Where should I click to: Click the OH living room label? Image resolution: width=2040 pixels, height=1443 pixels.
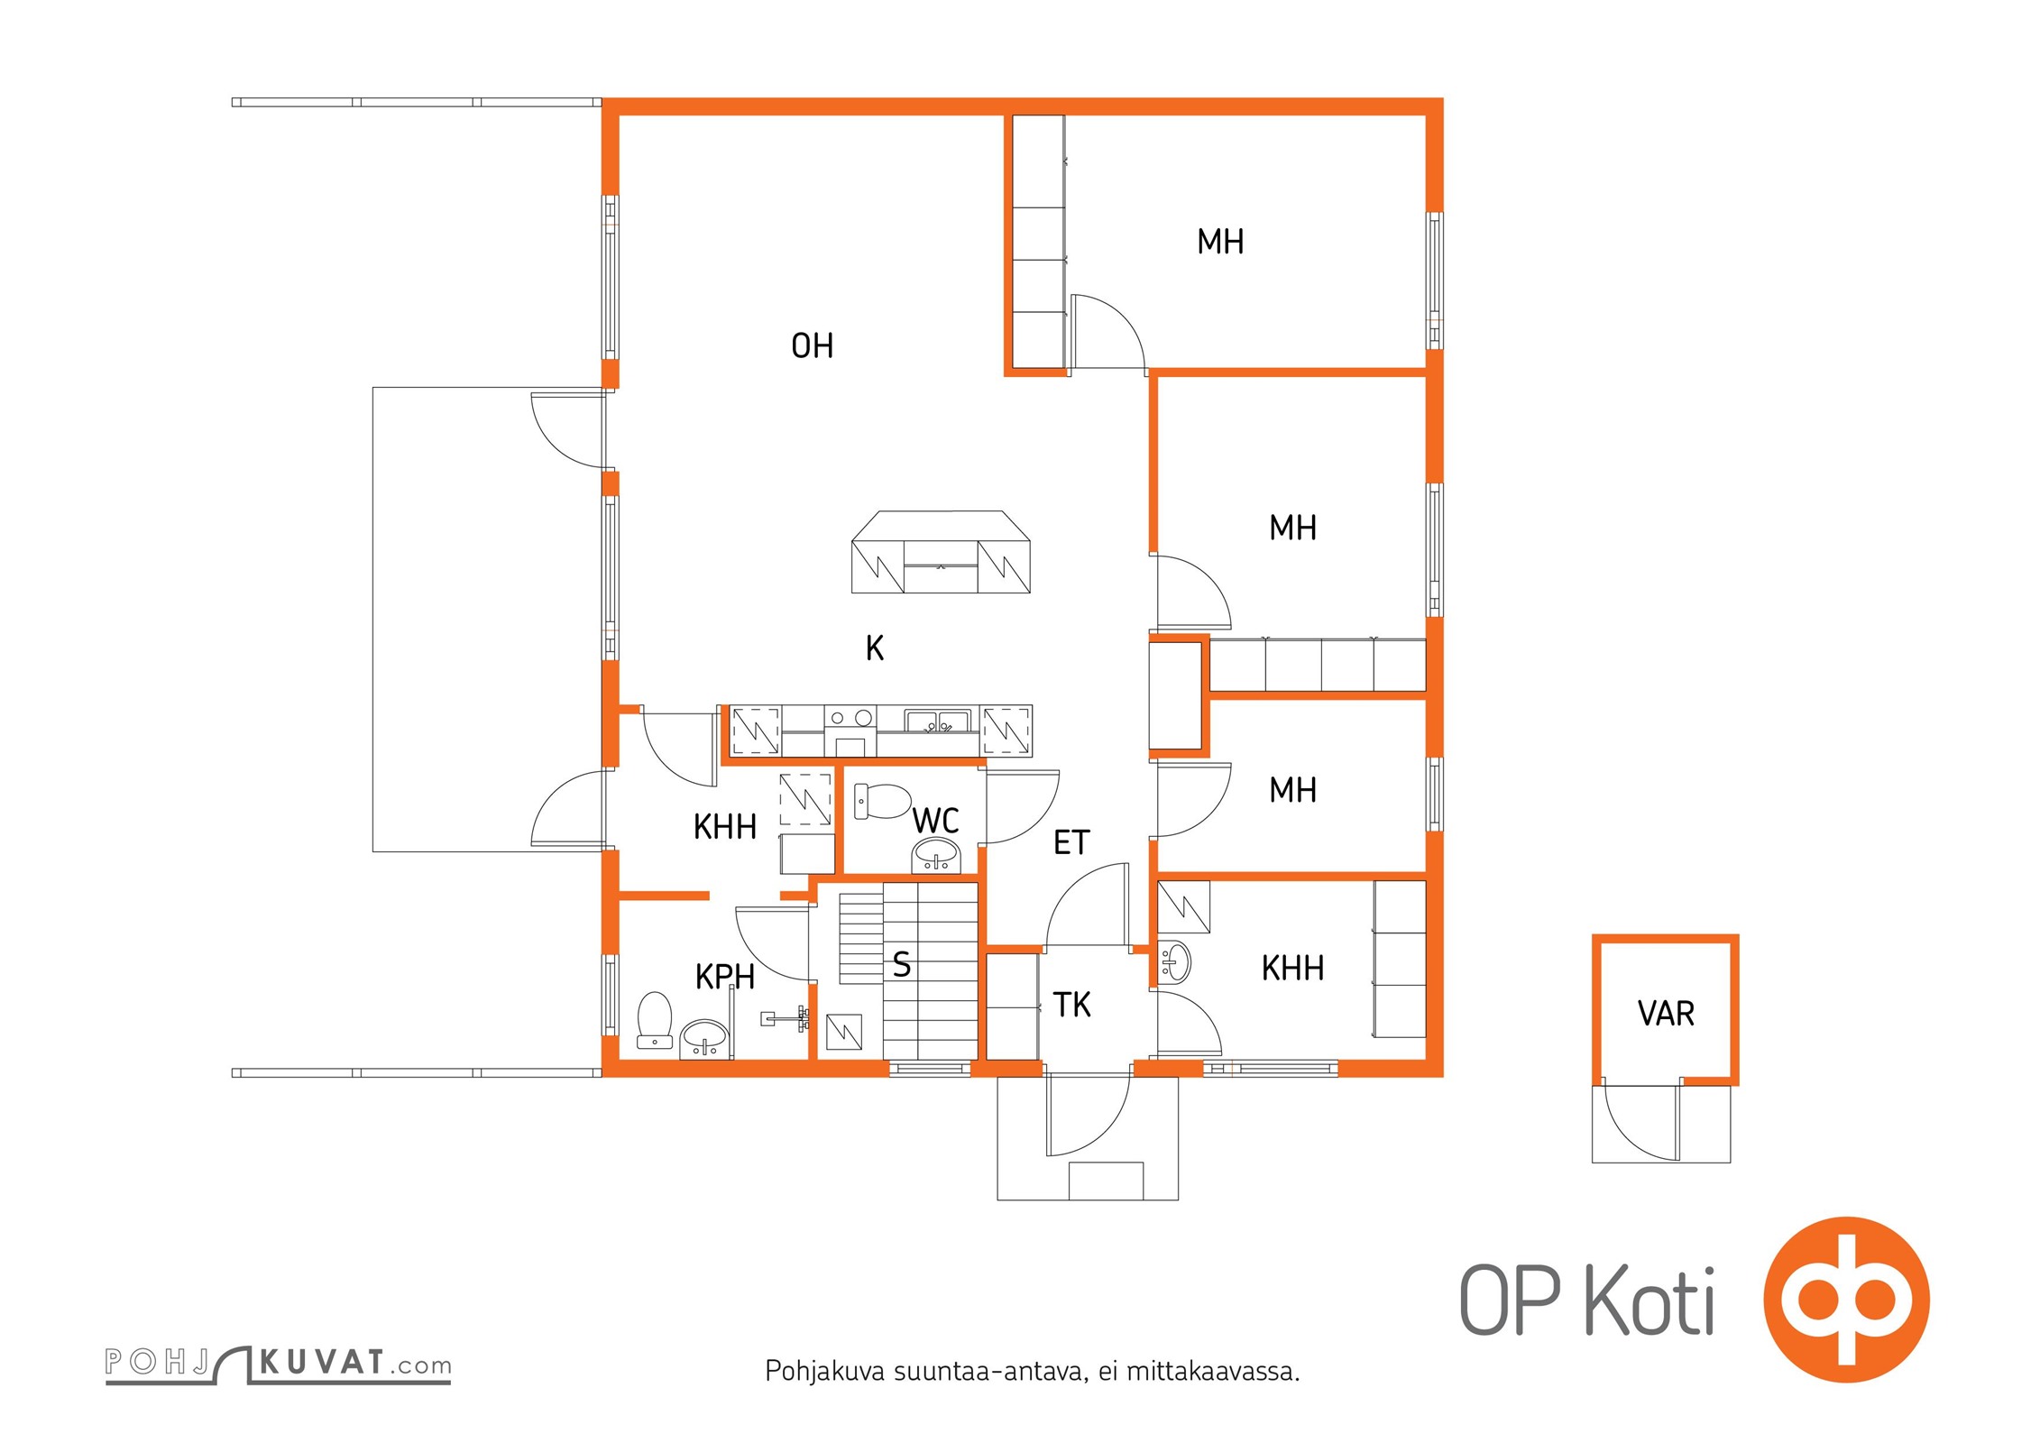click(812, 345)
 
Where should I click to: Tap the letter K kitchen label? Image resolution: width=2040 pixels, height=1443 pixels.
click(874, 648)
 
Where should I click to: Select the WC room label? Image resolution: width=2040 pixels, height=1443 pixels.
click(935, 821)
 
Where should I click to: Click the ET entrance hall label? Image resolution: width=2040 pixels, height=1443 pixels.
click(1071, 842)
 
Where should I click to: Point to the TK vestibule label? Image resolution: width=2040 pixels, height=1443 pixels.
click(1071, 1005)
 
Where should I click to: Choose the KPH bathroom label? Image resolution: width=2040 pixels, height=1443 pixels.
click(724, 977)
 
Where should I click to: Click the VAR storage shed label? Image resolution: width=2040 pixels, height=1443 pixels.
click(1666, 1014)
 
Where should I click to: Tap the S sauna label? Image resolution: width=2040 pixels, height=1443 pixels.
click(902, 965)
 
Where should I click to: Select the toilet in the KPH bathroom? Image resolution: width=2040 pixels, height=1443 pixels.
click(655, 1020)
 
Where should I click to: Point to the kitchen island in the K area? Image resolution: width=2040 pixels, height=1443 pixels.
click(941, 552)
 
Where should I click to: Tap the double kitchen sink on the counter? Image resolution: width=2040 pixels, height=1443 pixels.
click(937, 721)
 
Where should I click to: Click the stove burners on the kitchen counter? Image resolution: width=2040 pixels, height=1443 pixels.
click(850, 719)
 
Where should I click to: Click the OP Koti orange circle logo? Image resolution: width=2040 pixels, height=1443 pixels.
click(1845, 1300)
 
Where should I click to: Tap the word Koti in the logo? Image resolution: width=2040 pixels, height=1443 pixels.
click(1649, 1300)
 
